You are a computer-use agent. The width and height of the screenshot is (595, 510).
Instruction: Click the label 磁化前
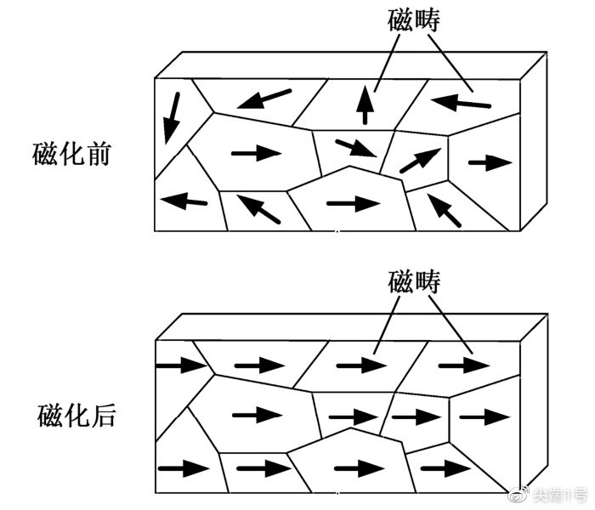71,154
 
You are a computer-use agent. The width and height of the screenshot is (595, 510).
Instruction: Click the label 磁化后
76,416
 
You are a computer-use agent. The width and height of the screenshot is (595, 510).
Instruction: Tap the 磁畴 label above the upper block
414,20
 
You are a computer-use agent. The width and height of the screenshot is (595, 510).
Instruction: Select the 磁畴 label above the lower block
414,281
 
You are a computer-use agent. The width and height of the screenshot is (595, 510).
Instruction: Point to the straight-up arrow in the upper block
365,105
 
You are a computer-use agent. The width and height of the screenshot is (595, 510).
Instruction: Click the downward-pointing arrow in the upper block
172,118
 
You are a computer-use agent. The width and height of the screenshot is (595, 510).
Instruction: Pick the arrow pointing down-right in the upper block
356,148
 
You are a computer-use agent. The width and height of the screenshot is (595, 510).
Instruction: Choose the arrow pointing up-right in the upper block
421,161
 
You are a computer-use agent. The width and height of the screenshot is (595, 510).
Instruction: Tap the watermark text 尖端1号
559,496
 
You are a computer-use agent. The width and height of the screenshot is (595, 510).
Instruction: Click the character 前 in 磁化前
99,154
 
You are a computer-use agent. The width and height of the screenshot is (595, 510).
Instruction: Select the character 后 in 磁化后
103,416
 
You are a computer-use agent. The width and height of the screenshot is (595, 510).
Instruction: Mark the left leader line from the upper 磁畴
387,64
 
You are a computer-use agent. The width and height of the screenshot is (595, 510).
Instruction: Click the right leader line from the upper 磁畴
450,64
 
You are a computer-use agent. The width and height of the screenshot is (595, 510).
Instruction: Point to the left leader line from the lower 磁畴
387,326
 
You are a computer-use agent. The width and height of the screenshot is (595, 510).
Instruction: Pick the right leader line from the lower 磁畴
450,326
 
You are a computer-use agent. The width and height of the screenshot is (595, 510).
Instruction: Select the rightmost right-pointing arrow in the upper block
490,163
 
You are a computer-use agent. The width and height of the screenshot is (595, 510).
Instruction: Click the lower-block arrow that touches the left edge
182,365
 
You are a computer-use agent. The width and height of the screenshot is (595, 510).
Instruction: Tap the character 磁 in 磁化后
49,416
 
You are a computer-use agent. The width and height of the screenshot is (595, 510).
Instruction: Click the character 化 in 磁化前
71,154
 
